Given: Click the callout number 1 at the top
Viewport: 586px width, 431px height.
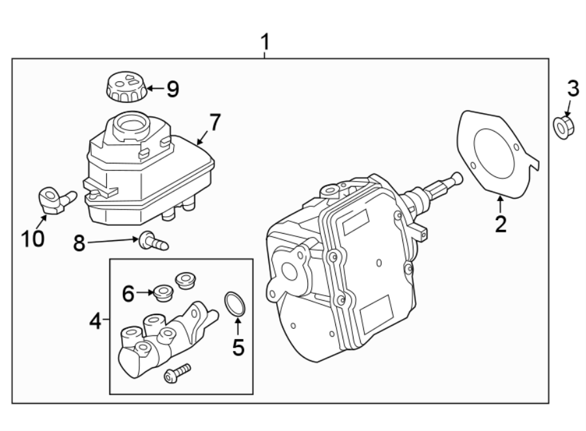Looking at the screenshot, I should click(264, 43).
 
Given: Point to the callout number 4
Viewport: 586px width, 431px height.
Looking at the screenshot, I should click(95, 321).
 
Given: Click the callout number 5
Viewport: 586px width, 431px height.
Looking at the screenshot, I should click(238, 348).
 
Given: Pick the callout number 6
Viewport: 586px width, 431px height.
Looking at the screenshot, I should click(128, 294).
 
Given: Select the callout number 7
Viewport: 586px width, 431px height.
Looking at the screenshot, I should click(215, 122).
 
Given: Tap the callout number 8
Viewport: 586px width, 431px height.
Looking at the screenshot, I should click(79, 243).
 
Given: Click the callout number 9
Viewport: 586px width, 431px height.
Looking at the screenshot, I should click(172, 89).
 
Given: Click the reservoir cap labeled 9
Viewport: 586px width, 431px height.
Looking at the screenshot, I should click(126, 87).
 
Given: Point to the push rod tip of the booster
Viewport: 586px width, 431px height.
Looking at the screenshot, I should click(456, 177).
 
